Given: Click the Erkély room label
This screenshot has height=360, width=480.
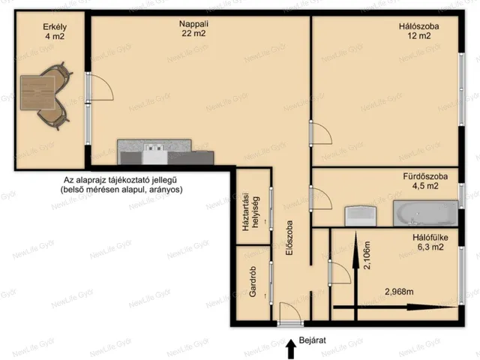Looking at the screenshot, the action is (x=55, y=27).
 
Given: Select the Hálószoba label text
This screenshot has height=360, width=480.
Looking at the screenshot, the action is (x=418, y=26).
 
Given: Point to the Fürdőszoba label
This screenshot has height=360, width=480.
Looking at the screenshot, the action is (x=425, y=177).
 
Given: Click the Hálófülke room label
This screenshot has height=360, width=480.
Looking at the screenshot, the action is (x=430, y=238).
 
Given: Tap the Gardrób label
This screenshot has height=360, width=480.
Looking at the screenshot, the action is (x=253, y=281).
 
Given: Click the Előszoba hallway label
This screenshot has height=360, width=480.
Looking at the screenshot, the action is (x=289, y=238).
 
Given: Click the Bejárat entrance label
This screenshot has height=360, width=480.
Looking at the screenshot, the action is (x=312, y=340).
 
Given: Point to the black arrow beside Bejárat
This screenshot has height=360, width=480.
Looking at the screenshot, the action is (x=291, y=349).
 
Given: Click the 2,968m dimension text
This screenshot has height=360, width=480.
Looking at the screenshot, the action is (x=399, y=292).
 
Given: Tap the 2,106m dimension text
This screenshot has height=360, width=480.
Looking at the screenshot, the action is (x=367, y=255).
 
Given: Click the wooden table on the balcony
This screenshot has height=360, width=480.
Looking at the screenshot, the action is (x=37, y=93).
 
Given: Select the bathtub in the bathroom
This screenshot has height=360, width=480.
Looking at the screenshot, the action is (x=425, y=213).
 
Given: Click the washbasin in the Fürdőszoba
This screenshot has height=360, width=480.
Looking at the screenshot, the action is (x=360, y=216).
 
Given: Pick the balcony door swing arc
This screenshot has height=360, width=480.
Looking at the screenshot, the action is (x=107, y=82).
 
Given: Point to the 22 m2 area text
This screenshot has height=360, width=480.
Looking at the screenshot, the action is (x=193, y=33).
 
